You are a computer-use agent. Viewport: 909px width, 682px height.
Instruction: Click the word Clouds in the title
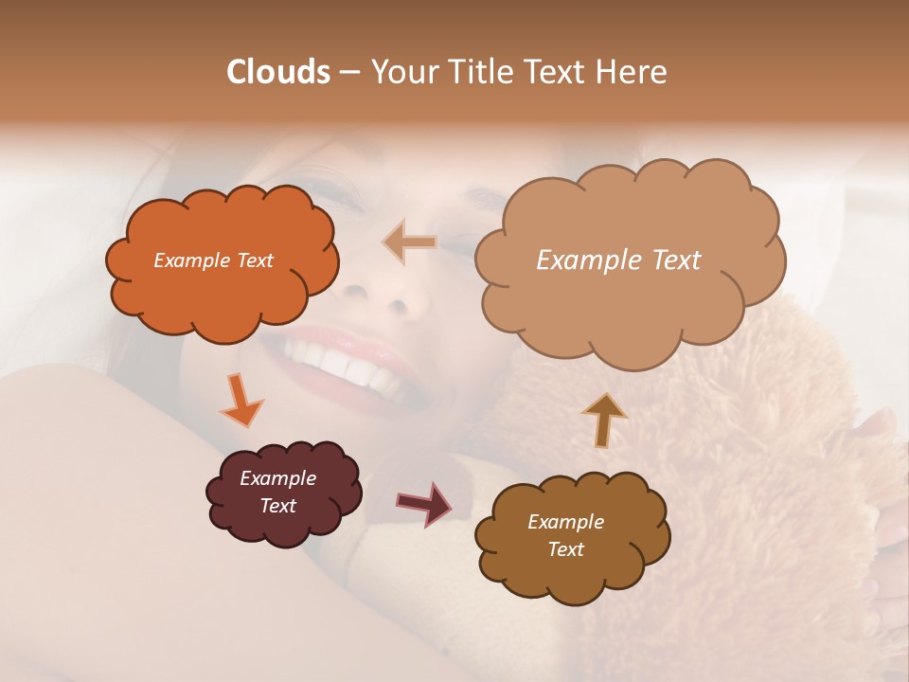point(278,72)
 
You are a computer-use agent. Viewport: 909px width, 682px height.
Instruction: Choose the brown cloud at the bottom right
point(573,568)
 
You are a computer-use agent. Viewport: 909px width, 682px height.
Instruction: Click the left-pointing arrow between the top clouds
point(410,243)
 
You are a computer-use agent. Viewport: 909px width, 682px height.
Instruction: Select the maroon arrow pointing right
point(423,503)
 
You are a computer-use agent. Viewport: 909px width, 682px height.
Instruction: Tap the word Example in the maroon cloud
point(278,478)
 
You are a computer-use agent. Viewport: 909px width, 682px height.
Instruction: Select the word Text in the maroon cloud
point(278,506)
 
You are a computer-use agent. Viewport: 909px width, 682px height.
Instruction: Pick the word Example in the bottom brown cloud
point(565,522)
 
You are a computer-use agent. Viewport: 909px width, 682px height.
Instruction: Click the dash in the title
point(349,73)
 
